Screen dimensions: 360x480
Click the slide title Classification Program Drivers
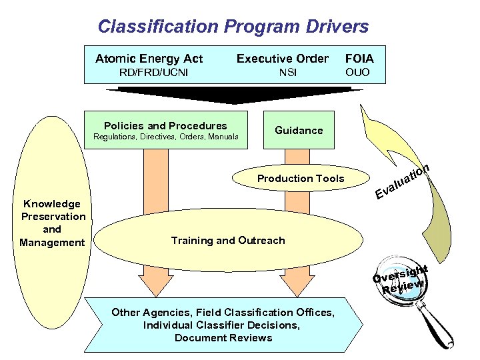click(233, 27)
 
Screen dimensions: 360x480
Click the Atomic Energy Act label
click(149, 59)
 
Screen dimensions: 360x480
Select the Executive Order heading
click(283, 59)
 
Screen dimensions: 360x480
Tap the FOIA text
click(359, 59)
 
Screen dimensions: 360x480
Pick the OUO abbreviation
click(357, 72)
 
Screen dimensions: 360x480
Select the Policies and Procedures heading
click(165, 125)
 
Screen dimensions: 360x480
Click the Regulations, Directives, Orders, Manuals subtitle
click(165, 137)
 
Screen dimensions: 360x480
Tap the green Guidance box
click(299, 130)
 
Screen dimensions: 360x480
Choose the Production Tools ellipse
click(301, 178)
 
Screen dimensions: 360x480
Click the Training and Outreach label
click(228, 240)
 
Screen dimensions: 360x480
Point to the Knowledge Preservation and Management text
click(53, 223)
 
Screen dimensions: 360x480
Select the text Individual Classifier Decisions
click(221, 325)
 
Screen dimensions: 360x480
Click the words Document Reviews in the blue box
click(223, 337)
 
